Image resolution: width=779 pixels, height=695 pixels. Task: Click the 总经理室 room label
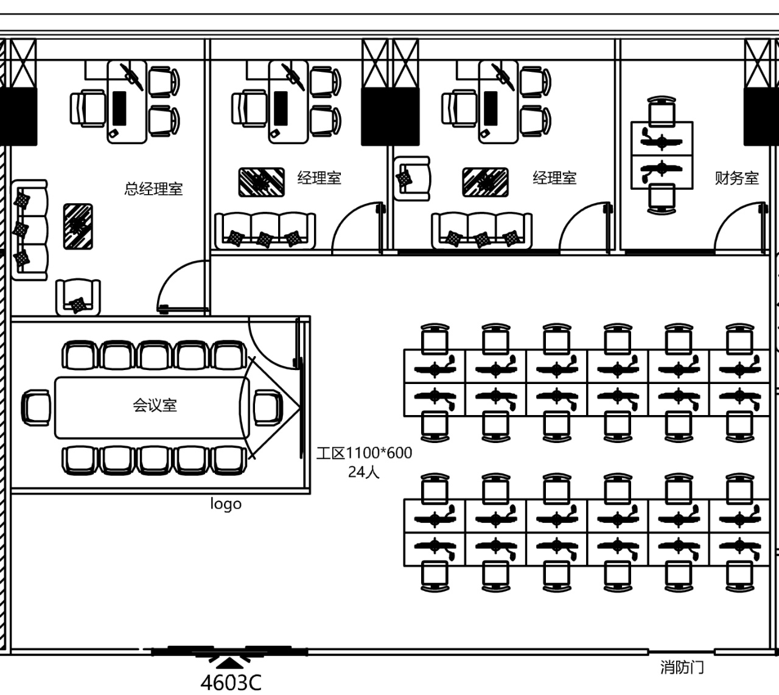coord(153,189)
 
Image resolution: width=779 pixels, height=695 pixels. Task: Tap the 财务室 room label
coord(736,178)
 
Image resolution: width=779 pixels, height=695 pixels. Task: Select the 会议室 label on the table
coord(155,405)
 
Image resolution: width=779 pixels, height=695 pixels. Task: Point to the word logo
coord(226,504)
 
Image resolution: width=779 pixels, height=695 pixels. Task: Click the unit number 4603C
coord(231,683)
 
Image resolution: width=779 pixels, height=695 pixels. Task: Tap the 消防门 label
coord(682,667)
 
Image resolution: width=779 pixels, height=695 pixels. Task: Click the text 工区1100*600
coord(364,453)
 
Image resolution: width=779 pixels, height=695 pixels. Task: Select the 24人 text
coord(364,472)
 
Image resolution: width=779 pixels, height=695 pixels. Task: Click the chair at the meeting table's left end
coord(37,407)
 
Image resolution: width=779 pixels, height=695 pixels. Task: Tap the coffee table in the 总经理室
coord(78,226)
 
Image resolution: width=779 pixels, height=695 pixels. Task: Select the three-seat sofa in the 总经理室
coord(29,230)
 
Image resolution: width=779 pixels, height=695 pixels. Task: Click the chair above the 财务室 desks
coord(662,111)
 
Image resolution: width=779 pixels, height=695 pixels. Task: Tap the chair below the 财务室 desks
coord(662,198)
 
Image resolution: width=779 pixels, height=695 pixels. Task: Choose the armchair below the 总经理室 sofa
coord(78,297)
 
